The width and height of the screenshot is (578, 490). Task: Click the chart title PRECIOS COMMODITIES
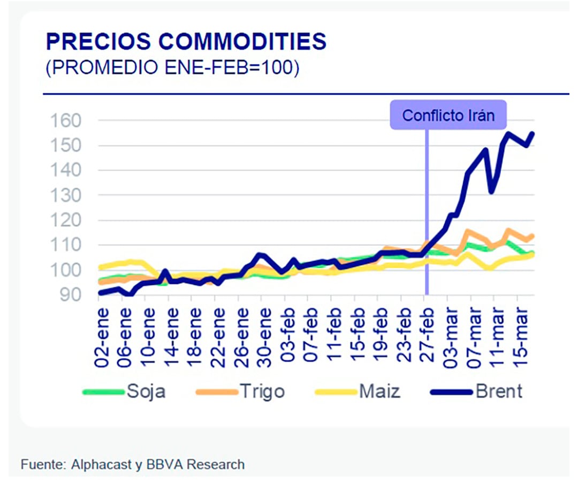186,42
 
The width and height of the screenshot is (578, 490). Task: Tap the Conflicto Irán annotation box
448,115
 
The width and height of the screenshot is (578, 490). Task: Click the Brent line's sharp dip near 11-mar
491,192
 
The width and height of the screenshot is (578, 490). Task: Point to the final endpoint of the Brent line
533,133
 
